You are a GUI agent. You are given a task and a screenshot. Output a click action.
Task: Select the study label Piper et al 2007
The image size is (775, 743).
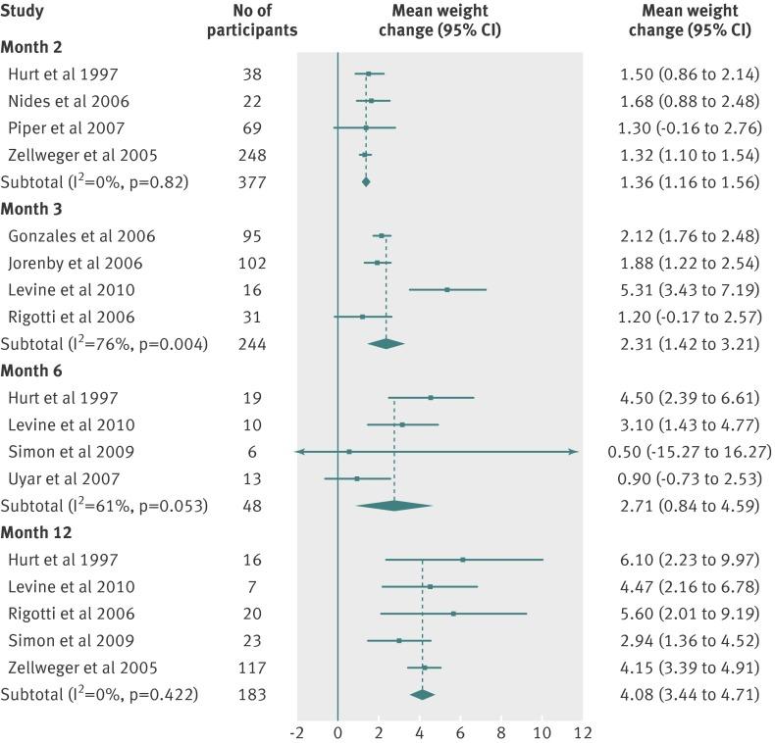tap(65, 128)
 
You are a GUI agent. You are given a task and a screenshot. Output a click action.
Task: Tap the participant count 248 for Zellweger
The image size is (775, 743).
tap(255, 155)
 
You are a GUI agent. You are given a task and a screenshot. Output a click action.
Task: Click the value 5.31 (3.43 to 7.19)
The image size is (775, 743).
tap(691, 289)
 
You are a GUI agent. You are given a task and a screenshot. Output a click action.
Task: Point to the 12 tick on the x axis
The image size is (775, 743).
tap(583, 732)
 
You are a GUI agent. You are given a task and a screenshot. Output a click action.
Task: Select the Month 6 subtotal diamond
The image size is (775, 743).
tap(394, 505)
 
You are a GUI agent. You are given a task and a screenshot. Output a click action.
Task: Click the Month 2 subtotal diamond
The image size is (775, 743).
tap(366, 181)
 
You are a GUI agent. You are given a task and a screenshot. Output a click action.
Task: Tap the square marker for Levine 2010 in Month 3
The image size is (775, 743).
tap(446, 289)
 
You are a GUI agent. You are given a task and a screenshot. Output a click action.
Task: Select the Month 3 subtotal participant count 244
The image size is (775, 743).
tap(255, 343)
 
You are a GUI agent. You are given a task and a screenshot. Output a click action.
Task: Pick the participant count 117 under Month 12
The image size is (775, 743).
tap(255, 667)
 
